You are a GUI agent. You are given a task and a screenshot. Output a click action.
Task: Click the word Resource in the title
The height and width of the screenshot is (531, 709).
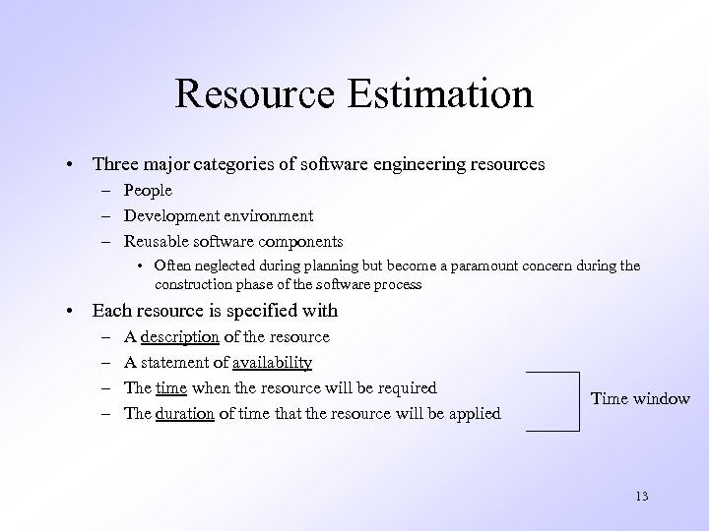pos(253,94)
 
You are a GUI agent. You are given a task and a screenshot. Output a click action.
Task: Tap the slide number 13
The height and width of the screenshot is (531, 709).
pos(642,496)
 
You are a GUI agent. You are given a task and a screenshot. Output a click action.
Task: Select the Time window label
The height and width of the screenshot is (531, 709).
pos(640,398)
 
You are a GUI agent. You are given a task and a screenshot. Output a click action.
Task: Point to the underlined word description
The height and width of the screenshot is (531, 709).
pos(180,337)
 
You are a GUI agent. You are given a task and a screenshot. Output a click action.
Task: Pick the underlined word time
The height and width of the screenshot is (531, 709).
pos(170,388)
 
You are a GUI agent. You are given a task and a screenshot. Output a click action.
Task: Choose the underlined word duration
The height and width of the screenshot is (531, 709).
pos(185,414)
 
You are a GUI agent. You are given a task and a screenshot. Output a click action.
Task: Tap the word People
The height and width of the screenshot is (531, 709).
pos(148,190)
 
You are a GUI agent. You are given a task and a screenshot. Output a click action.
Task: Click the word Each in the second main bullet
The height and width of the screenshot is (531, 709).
pos(110,311)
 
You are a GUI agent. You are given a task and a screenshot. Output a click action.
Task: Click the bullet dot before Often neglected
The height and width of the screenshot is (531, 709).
pos(143,266)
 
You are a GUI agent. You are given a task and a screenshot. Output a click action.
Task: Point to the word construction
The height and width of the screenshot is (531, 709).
pos(197,284)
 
